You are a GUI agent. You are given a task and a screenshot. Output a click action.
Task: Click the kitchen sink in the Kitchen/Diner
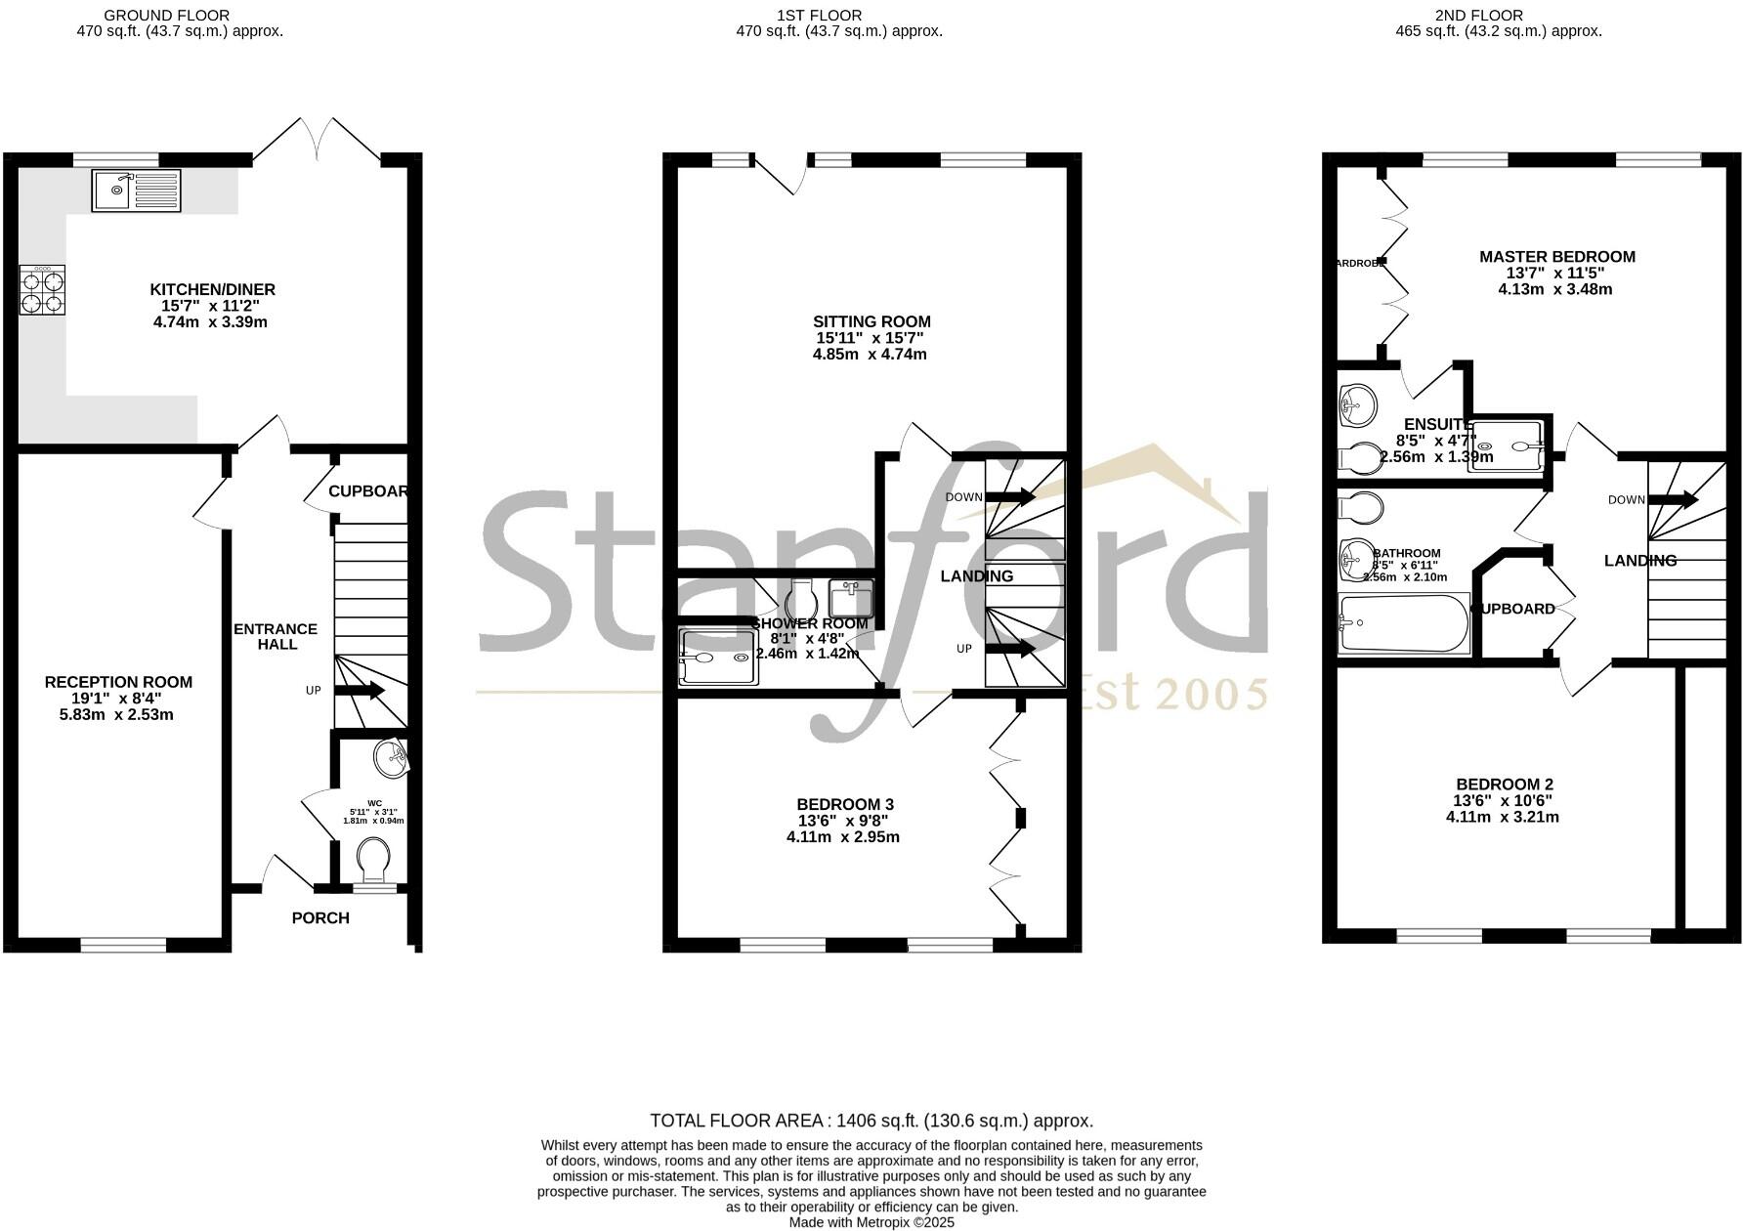click(136, 191)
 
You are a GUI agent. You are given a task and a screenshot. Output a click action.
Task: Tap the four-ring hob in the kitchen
click(42, 290)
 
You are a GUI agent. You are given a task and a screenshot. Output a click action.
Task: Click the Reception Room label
click(118, 682)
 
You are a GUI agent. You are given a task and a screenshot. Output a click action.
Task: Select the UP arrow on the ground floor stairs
click(359, 691)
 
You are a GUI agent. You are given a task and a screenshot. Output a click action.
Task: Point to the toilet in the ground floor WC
click(373, 860)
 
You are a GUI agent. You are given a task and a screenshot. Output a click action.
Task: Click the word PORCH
click(320, 918)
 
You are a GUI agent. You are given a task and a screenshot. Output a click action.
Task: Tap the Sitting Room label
click(871, 321)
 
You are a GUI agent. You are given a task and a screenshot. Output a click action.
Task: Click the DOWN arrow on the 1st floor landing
click(1010, 497)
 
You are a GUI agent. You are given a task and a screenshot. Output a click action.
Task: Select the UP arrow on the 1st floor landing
click(1010, 649)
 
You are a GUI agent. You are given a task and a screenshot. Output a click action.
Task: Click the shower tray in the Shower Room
click(718, 657)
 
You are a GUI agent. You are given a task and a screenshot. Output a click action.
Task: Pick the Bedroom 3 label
click(844, 804)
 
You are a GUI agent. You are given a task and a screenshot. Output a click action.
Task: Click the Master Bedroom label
click(1556, 257)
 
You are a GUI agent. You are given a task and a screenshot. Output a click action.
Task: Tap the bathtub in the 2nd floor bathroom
click(1403, 623)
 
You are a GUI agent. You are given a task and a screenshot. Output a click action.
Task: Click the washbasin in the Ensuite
click(1357, 403)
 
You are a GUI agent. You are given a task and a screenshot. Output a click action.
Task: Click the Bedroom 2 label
click(1504, 784)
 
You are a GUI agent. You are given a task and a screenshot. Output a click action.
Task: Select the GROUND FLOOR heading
click(166, 16)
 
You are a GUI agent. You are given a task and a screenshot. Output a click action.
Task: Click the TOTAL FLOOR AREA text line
click(871, 1121)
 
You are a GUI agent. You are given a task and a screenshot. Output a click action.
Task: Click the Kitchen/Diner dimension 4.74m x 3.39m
click(210, 321)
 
